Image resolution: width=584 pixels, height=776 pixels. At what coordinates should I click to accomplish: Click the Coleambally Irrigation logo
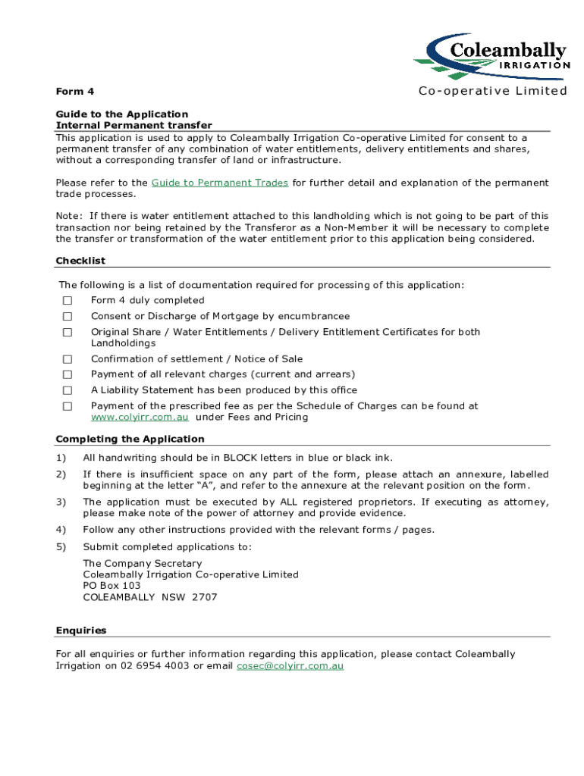click(491, 58)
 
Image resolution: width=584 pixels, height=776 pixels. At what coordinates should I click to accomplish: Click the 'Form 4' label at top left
click(75, 92)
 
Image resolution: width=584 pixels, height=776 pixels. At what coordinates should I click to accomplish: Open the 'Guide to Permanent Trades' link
click(220, 183)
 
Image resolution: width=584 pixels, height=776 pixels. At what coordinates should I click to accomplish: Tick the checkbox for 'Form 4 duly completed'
click(68, 301)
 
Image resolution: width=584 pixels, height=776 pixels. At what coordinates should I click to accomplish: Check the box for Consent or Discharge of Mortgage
click(68, 317)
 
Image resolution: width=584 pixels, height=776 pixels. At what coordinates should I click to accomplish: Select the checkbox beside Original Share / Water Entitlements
click(68, 333)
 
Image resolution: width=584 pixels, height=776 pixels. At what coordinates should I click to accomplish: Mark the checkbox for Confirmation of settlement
click(68, 359)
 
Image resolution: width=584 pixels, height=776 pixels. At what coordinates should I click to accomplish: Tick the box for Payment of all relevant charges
click(68, 375)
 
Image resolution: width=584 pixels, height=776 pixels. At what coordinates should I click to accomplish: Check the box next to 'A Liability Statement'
click(68, 391)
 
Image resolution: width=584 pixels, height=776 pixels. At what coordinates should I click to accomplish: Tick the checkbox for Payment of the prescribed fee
click(68, 407)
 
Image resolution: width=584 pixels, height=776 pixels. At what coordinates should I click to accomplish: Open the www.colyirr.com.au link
click(140, 418)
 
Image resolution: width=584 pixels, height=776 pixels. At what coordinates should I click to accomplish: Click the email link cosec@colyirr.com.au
click(290, 666)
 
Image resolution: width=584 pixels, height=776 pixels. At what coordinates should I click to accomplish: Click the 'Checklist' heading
click(80, 261)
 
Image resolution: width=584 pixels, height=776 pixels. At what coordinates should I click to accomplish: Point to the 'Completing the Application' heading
click(130, 440)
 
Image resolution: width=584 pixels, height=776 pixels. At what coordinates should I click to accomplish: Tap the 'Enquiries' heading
click(81, 630)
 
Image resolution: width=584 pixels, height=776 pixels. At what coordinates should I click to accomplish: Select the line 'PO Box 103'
click(111, 586)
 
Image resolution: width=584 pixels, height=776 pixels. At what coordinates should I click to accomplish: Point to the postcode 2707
click(204, 597)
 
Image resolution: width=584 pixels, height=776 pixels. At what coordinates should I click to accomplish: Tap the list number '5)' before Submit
click(61, 547)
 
